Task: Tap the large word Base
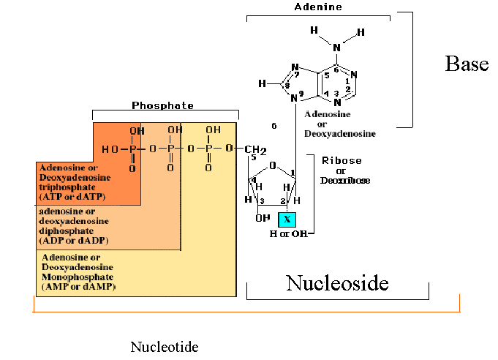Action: tap(466, 64)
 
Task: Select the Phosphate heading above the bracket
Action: tap(165, 105)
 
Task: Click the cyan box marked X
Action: tap(287, 219)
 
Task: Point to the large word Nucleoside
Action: tap(336, 282)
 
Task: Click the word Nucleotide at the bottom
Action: tap(164, 346)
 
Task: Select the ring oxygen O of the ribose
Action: tap(272, 165)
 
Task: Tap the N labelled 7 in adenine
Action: tap(295, 69)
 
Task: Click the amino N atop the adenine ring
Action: tap(337, 48)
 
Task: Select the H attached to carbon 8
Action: tap(262, 84)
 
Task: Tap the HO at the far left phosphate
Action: tap(110, 149)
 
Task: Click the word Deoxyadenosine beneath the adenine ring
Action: tap(339, 134)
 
